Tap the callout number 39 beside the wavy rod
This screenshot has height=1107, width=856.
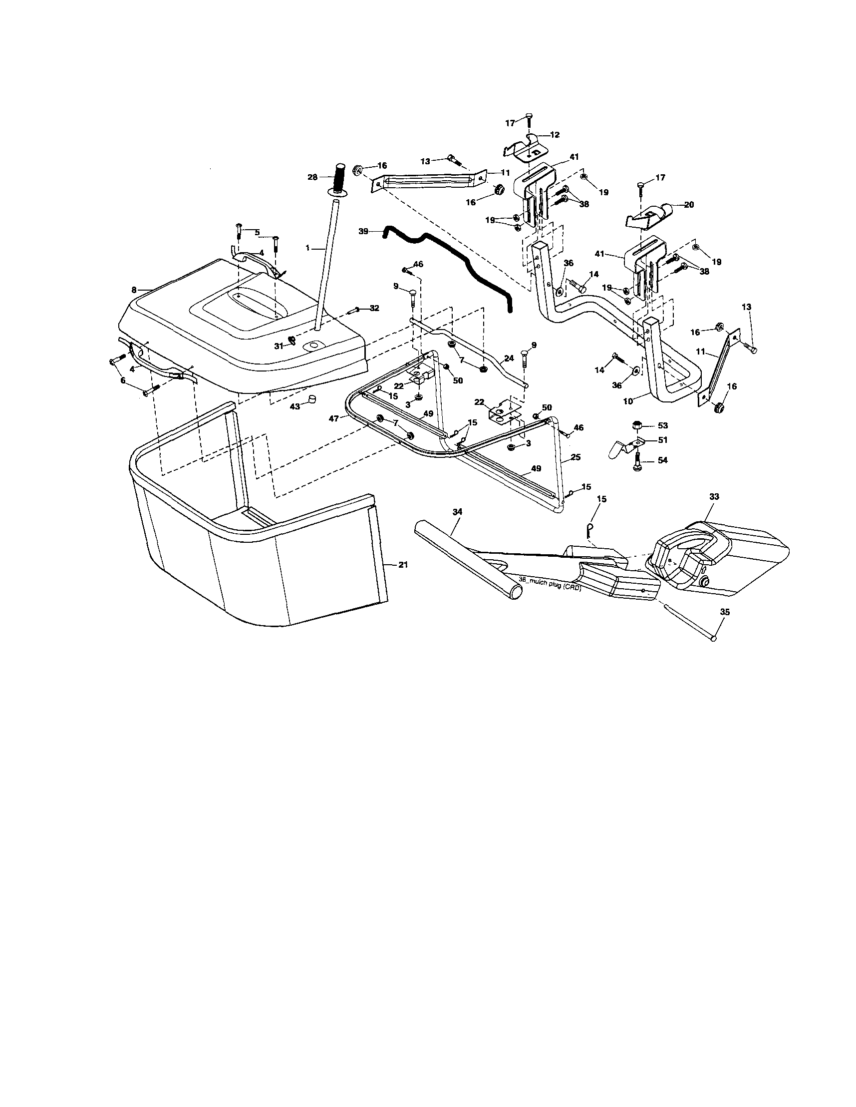tap(363, 231)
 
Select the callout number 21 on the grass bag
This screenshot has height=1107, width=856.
tap(403, 565)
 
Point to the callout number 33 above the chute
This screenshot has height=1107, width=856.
tap(714, 497)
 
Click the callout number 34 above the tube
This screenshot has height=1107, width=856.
tap(457, 512)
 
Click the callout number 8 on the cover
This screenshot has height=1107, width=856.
tap(134, 290)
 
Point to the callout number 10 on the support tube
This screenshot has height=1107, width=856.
tap(628, 401)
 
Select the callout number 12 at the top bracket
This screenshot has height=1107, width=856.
tap(555, 135)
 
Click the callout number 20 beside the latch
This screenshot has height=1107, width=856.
tap(689, 205)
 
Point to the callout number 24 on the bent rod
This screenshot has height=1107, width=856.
tap(509, 358)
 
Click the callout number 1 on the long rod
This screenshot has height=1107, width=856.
tap(307, 249)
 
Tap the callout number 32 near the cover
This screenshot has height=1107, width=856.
tap(374, 308)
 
